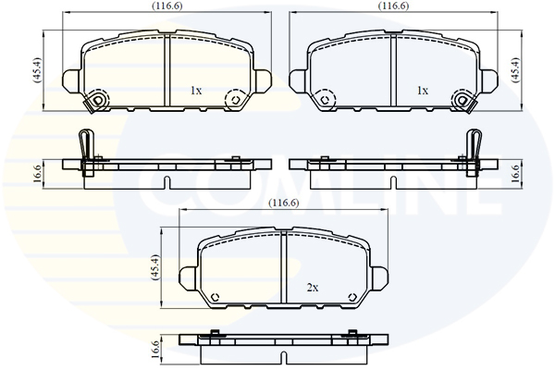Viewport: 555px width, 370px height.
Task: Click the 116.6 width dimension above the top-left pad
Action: pos(167,6)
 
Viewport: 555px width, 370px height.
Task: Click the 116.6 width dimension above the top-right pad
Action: pos(394,6)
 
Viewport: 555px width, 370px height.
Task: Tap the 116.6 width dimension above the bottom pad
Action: pos(284,203)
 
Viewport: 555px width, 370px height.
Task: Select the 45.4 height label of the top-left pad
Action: pos(38,70)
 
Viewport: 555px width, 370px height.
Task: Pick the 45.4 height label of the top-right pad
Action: pos(515,70)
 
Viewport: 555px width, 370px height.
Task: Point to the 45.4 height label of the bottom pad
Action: pos(155,267)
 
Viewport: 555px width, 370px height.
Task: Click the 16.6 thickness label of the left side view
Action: pos(38,174)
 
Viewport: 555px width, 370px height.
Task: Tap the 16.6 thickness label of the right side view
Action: pos(515,174)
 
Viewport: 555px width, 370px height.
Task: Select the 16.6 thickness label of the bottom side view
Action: pos(155,351)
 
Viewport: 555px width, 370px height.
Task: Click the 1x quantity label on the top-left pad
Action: pos(196,91)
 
